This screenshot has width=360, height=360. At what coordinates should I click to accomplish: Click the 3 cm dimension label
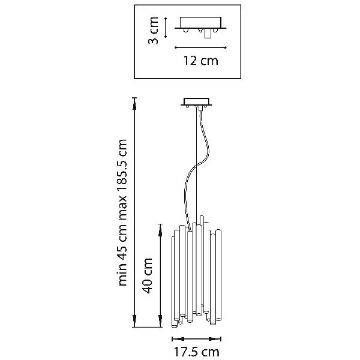(x=154, y=31)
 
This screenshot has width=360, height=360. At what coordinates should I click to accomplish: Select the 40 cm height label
(x=148, y=275)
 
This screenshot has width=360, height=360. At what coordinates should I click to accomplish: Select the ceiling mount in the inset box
(x=199, y=25)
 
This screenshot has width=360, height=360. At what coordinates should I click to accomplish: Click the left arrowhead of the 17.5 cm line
(x=174, y=338)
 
